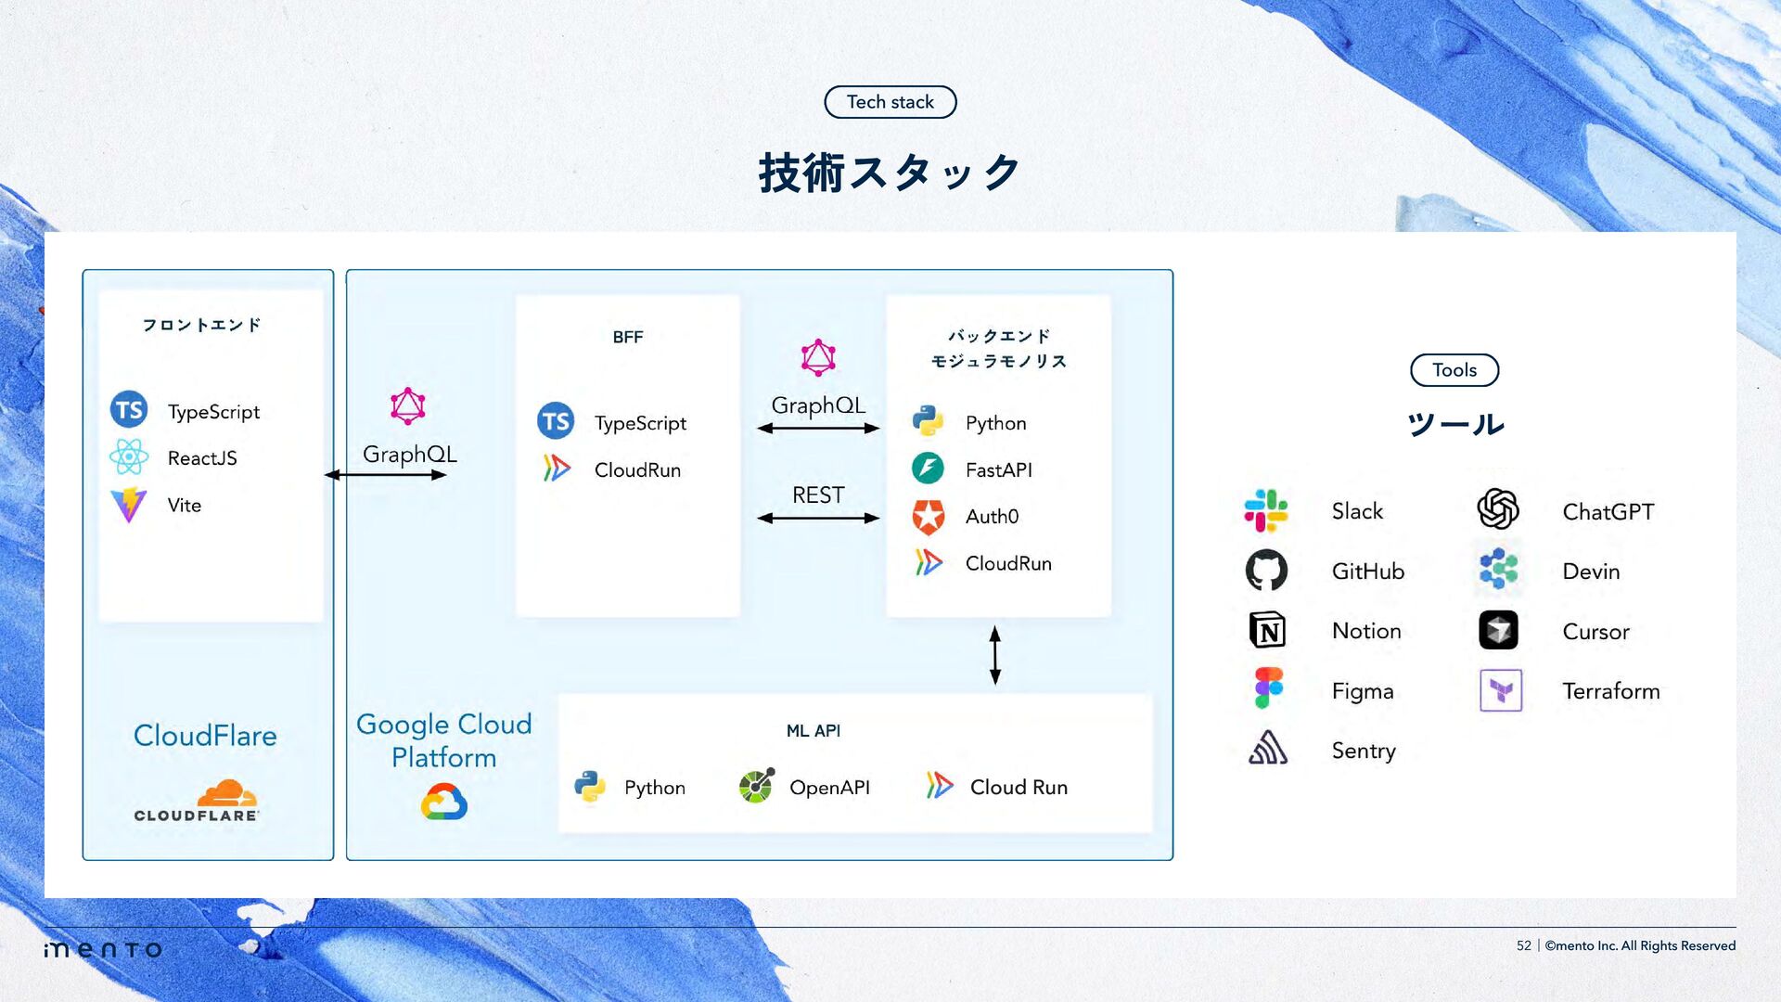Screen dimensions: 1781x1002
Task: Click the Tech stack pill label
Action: pyautogui.click(x=890, y=102)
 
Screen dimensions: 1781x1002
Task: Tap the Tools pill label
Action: pyautogui.click(x=1454, y=370)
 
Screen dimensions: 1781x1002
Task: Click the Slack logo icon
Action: pyautogui.click(x=1266, y=511)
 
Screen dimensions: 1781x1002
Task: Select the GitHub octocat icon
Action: pyautogui.click(x=1266, y=571)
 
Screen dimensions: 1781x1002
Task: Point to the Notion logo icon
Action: pyautogui.click(x=1267, y=631)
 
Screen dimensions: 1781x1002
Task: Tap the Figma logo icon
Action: pyautogui.click(x=1268, y=689)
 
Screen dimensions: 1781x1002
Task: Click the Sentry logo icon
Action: pyautogui.click(x=1267, y=748)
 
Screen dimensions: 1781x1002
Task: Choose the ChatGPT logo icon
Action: pyautogui.click(x=1498, y=509)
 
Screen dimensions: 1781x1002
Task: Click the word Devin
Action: pyautogui.click(x=1591, y=572)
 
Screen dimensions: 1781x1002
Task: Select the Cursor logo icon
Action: pyautogui.click(x=1498, y=631)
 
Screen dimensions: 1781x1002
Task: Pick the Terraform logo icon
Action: pyautogui.click(x=1500, y=690)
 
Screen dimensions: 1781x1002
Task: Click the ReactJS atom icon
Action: pyautogui.click(x=129, y=457)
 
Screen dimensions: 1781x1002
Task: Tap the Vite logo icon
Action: pyautogui.click(x=129, y=505)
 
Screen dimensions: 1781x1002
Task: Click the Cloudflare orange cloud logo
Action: pyautogui.click(x=226, y=793)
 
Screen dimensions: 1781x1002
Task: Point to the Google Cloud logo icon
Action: pyautogui.click(x=443, y=802)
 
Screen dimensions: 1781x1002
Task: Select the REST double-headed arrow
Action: pyautogui.click(x=817, y=518)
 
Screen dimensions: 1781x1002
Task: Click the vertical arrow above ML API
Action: pyautogui.click(x=994, y=655)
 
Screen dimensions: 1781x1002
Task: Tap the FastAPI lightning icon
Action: pyautogui.click(x=928, y=469)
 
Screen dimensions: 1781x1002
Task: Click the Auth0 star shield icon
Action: pyautogui.click(x=928, y=517)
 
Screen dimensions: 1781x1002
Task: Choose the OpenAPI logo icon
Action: pyautogui.click(x=756, y=787)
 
